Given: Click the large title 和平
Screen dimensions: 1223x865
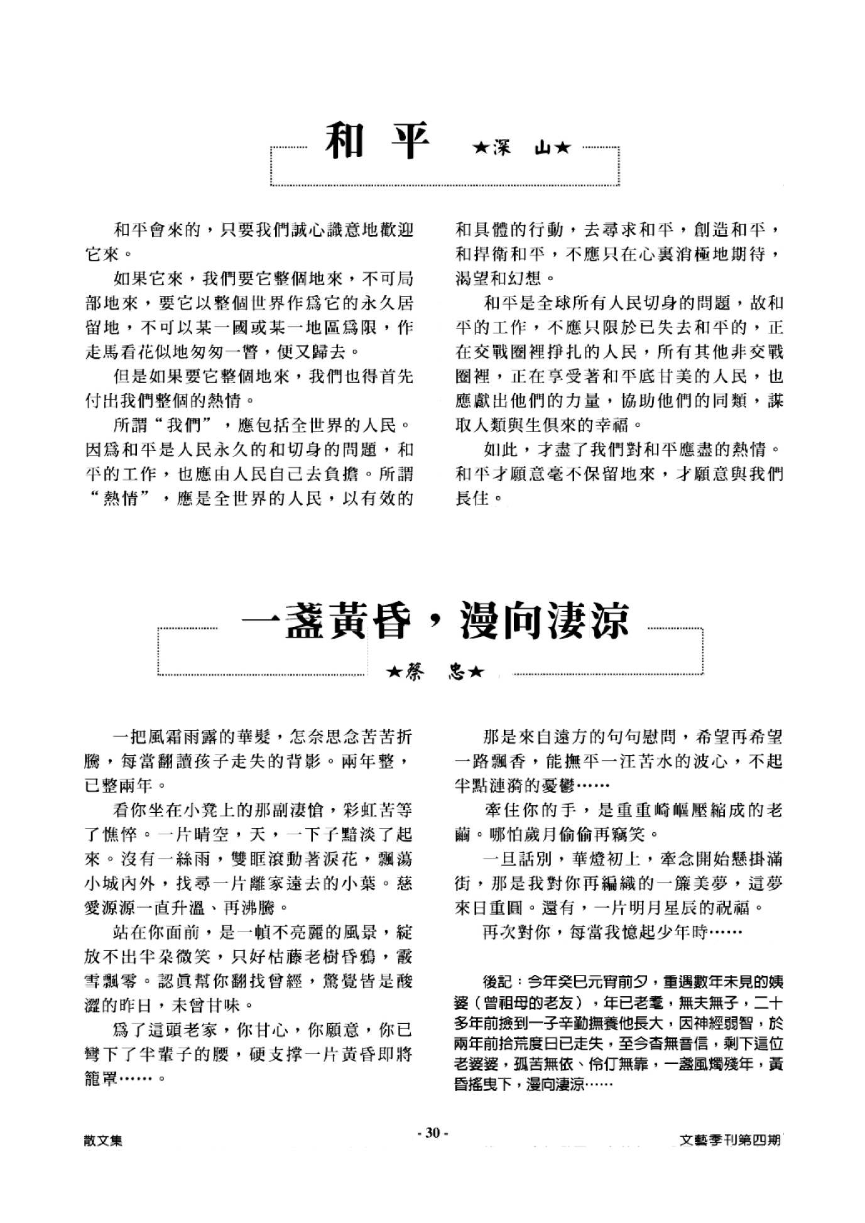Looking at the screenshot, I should [376, 141].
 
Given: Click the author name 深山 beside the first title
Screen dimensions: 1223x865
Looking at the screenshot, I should [522, 148].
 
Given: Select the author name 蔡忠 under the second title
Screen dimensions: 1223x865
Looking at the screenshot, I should [435, 673].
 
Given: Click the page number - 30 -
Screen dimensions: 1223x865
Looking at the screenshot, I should [433, 1133].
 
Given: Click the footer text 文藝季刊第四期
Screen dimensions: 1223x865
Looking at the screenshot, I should [731, 1139].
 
